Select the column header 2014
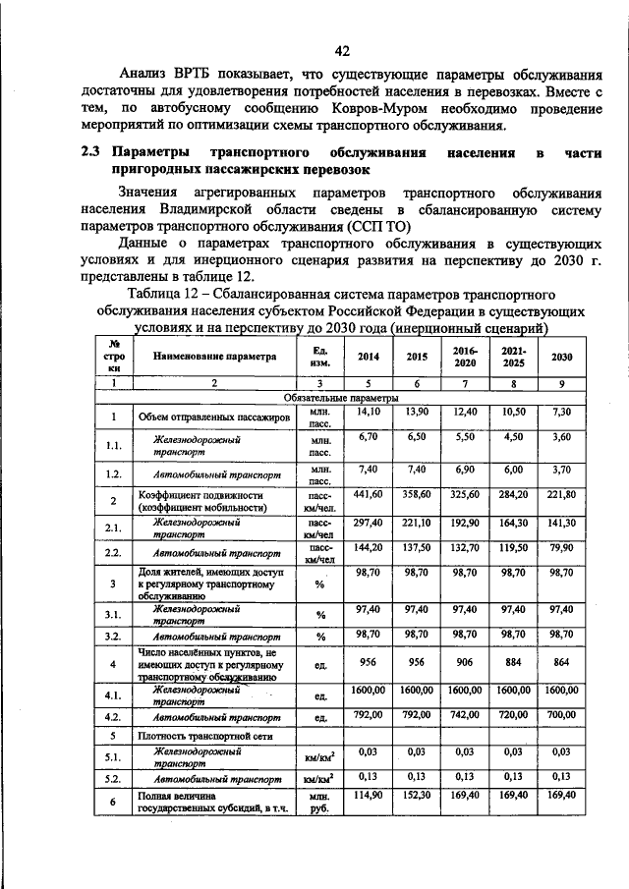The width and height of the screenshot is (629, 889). click(368, 357)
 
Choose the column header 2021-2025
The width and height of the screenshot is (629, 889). click(513, 357)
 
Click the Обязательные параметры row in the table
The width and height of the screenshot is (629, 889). click(340, 398)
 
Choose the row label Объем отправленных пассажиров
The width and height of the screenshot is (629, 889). click(213, 417)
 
